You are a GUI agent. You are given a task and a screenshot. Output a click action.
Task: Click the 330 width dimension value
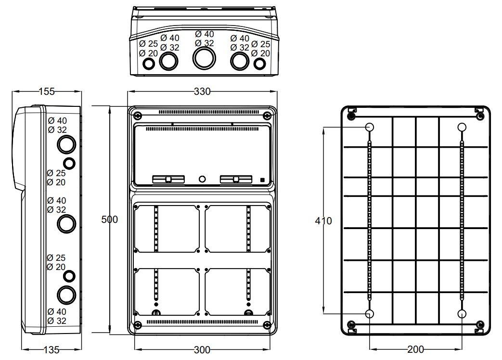point(202,91)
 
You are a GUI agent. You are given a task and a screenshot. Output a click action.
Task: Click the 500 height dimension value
point(110,219)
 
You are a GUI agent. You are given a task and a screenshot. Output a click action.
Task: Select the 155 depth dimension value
point(46,91)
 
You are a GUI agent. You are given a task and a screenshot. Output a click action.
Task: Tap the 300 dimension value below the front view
point(202,350)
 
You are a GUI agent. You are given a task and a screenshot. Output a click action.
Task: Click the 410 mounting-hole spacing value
point(323,221)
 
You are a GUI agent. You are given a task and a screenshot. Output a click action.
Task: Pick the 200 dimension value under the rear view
point(415,349)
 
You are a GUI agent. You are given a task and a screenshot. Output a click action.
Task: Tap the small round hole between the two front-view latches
point(202,179)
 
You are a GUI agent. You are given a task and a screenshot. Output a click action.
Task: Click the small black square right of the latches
point(262,180)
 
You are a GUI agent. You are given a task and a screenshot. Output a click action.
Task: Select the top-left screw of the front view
point(138,116)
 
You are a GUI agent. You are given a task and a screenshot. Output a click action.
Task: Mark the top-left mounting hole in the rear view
point(370,127)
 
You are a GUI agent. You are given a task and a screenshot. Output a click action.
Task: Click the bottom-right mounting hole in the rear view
point(462,314)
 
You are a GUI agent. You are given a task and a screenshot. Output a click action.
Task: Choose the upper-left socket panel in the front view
point(167,228)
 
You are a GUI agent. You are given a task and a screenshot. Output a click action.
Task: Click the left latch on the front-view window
point(168,180)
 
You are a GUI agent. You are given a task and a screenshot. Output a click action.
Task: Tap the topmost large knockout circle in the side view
point(66,143)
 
